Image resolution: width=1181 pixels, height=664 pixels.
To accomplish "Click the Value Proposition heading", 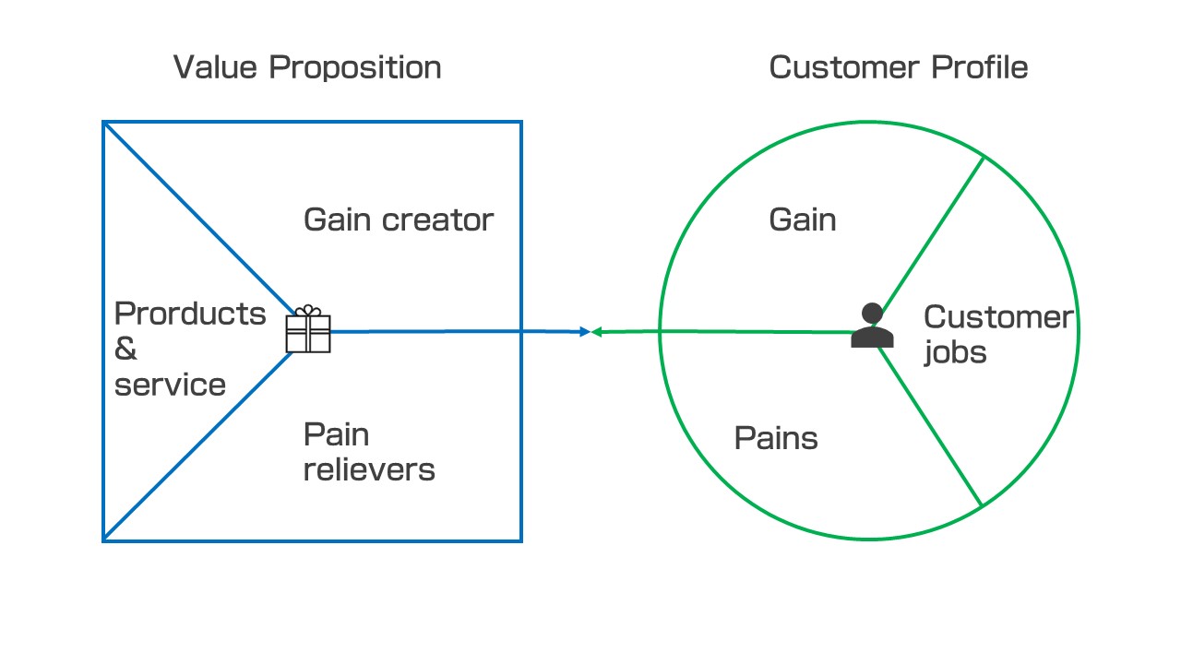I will [307, 67].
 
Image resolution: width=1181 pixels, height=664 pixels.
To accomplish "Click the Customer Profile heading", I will [898, 67].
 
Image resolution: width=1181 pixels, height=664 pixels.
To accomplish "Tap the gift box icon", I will [308, 329].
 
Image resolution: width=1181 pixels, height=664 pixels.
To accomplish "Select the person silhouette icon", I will [872, 326].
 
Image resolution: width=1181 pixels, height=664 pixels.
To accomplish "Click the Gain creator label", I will [399, 219].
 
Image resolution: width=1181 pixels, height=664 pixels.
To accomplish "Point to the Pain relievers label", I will [369, 452].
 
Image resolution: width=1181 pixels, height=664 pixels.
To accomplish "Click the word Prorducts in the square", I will [190, 314].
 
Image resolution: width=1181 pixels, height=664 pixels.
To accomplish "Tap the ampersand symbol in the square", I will [125, 350].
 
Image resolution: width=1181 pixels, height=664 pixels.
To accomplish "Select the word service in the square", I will [170, 385].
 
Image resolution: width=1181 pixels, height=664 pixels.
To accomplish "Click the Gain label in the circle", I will [803, 219].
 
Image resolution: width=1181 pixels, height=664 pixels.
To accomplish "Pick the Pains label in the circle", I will [776, 438].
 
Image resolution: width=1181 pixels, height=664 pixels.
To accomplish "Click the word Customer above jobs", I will [998, 317].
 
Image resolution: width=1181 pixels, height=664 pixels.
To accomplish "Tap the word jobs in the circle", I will [955, 352].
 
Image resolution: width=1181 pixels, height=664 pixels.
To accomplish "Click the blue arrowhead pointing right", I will [584, 331].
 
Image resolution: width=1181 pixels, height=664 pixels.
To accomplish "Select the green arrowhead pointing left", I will [597, 332].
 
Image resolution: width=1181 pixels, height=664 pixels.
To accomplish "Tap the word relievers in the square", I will [369, 469].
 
